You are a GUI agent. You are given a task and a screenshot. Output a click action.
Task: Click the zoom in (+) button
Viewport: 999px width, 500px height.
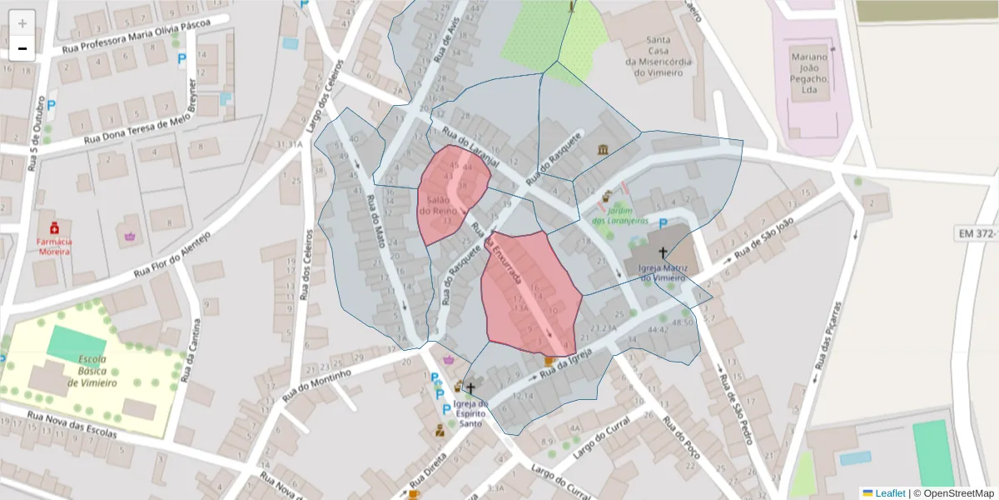coord(22,22)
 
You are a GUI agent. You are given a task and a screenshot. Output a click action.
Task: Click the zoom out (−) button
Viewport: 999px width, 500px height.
coord(22,48)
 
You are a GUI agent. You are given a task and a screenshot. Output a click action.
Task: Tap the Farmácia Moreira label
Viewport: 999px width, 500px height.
coord(53,246)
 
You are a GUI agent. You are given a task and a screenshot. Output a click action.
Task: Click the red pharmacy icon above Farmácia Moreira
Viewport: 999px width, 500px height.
coord(54,227)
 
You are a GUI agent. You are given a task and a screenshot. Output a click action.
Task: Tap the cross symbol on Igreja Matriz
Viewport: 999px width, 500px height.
coord(664,252)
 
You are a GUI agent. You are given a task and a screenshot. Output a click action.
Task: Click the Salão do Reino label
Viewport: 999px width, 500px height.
coord(440,206)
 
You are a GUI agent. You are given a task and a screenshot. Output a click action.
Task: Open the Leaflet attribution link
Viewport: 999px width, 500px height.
coord(889,493)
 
